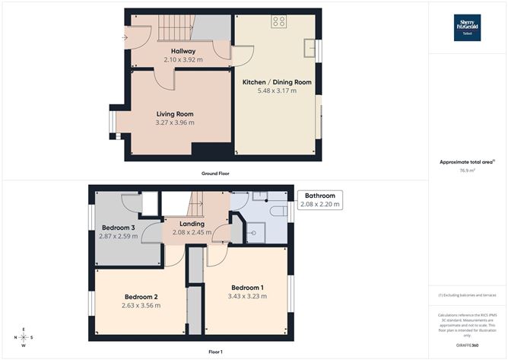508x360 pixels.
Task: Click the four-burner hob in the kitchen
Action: (279, 22)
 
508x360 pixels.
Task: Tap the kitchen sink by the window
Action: (310, 49)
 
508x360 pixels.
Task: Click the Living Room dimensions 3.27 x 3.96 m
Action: (174, 123)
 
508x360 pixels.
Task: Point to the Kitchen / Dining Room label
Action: (277, 82)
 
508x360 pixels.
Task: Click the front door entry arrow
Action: (125, 36)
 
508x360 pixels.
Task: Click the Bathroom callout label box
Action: (319, 200)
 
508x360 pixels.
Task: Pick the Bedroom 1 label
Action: (249, 287)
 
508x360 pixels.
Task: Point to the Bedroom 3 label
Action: (118, 228)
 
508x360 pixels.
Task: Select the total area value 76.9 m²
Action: (467, 170)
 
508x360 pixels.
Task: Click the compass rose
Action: (24, 337)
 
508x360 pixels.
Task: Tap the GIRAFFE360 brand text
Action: (464, 346)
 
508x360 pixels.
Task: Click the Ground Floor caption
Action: (215, 174)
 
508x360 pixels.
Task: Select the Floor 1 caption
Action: (215, 352)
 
